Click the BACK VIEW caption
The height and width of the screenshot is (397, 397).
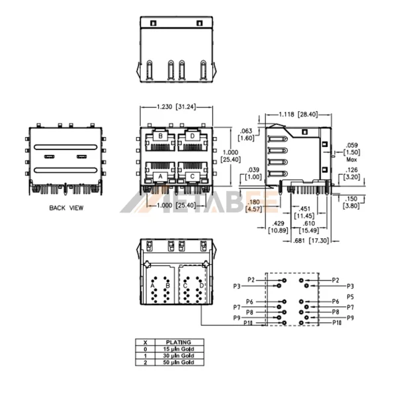66,208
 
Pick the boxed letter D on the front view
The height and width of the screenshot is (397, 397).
192,136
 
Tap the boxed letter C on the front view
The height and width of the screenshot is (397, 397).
192,177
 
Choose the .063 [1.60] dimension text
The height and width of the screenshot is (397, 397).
246,135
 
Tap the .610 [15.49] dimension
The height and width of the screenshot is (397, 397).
309,226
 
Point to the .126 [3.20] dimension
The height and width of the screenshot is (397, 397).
353,174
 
